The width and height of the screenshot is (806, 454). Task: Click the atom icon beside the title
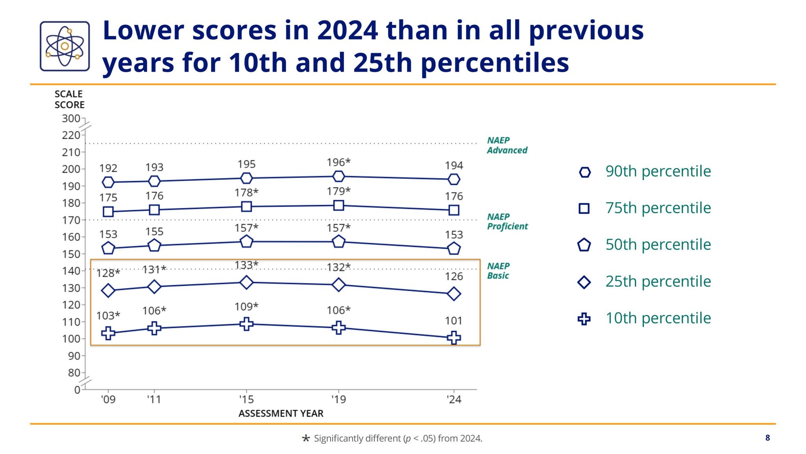click(x=65, y=46)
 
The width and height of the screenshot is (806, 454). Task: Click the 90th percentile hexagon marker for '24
click(x=454, y=179)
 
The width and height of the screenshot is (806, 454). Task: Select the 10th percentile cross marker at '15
click(x=246, y=324)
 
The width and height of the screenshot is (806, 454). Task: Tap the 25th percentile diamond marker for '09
click(x=108, y=291)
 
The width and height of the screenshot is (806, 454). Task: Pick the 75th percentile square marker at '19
click(x=338, y=205)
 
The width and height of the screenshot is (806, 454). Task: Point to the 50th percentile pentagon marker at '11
click(x=154, y=245)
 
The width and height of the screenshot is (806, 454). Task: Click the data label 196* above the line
click(x=338, y=162)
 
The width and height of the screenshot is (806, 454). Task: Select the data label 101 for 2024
click(x=453, y=321)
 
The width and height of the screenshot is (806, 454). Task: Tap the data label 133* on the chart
click(x=246, y=265)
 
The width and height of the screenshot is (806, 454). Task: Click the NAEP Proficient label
click(x=507, y=222)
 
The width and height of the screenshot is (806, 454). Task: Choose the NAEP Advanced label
click(x=507, y=145)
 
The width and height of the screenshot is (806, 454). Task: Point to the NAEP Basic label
click(x=498, y=271)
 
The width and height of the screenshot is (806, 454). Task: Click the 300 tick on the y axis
click(x=71, y=119)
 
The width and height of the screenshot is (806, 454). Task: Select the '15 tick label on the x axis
click(x=246, y=399)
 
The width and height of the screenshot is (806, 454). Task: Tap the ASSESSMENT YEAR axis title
click(x=281, y=413)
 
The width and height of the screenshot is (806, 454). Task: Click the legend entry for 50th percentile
click(x=658, y=245)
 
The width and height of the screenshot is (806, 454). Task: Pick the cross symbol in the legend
click(x=584, y=319)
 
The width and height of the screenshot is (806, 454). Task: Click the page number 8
click(x=767, y=438)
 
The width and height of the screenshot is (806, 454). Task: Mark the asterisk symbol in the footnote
click(x=306, y=438)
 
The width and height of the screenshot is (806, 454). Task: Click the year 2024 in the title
click(x=347, y=30)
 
